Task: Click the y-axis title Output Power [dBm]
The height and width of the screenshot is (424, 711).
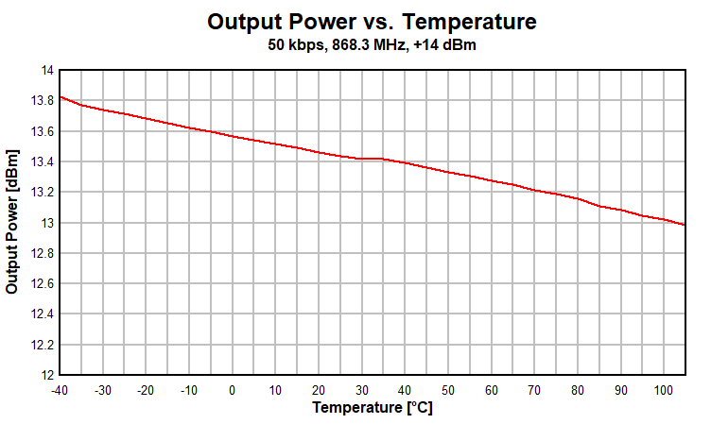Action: (x=12, y=221)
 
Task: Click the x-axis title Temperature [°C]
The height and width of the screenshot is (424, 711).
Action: (x=373, y=409)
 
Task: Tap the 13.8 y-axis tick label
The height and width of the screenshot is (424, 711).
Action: (x=43, y=100)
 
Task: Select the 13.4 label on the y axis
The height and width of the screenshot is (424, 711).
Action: (x=43, y=161)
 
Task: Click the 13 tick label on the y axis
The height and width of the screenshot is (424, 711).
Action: (x=47, y=223)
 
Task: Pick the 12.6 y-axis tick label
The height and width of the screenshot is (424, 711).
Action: (x=43, y=283)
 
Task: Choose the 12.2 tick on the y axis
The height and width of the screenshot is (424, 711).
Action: (x=43, y=345)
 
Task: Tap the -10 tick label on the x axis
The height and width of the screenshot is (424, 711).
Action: (x=189, y=390)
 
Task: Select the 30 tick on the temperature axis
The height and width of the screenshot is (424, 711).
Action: (x=362, y=390)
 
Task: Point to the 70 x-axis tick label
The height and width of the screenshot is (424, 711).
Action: (x=534, y=390)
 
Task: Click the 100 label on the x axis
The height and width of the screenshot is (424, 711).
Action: (x=663, y=390)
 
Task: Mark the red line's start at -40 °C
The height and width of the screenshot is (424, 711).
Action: (x=61, y=96)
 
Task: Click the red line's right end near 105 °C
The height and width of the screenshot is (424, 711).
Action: (x=684, y=225)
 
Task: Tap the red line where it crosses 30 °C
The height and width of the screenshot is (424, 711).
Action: (x=362, y=159)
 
